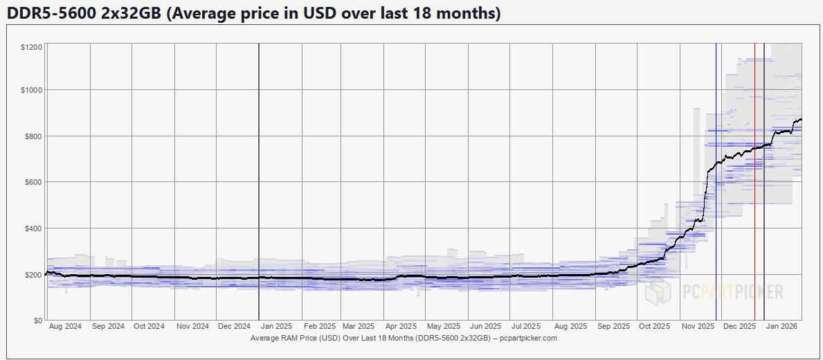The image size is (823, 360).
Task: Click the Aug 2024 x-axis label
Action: [66, 326]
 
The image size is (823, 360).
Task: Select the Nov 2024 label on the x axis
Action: [192, 326]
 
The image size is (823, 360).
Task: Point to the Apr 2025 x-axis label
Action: [401, 326]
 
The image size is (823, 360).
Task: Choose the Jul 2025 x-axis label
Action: [526, 326]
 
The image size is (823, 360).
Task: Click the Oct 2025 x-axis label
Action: [654, 326]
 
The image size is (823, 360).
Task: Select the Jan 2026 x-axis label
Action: [782, 326]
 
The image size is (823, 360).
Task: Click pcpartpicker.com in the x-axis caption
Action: [527, 339]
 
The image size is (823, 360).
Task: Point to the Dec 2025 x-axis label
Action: [739, 326]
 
